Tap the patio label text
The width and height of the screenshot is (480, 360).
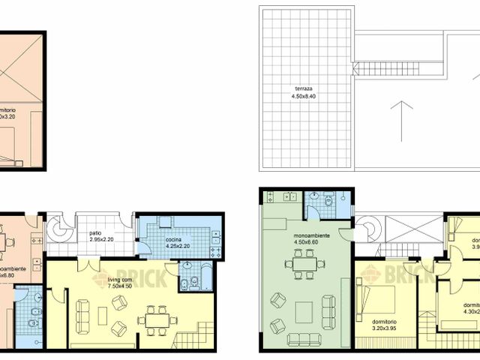click(95, 233)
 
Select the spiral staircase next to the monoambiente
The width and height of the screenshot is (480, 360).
click(367, 228)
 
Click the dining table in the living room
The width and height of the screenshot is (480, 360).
click(157, 319)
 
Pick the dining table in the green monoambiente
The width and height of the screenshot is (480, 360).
click(305, 263)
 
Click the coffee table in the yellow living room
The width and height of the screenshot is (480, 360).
click(103, 316)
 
